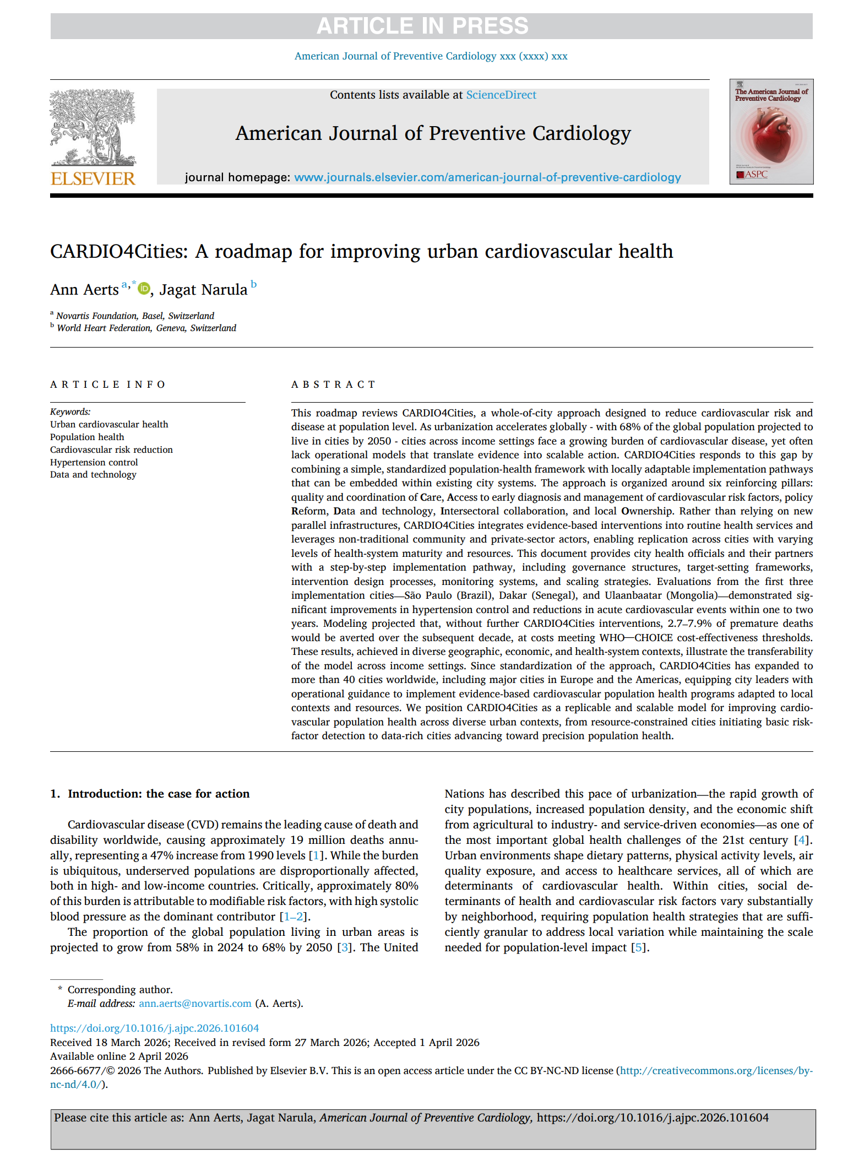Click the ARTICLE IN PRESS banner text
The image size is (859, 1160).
(422, 26)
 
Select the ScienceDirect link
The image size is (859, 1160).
(501, 95)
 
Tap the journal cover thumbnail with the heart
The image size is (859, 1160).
(771, 132)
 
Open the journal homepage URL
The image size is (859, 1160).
(487, 177)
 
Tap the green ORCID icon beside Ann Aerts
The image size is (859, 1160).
(144, 288)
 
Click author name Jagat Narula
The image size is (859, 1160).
(203, 290)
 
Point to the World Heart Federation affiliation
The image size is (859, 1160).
(146, 328)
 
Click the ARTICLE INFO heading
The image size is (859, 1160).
(108, 384)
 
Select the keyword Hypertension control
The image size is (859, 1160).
(94, 462)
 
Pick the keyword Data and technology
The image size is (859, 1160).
(93, 475)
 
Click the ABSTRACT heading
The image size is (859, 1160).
(333, 384)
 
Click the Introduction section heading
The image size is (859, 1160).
(158, 794)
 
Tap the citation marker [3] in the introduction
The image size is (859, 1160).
(345, 947)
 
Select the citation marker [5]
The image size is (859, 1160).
(638, 947)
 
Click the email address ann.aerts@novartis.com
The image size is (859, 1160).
(195, 1004)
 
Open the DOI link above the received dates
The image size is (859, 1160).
(154, 1028)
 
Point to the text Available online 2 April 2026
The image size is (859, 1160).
(119, 1056)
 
